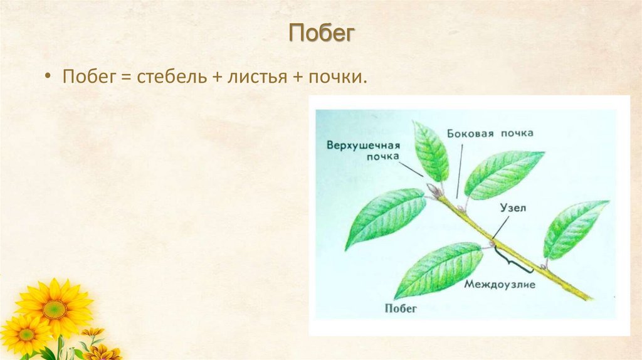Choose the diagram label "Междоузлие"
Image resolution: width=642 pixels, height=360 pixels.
[500, 284]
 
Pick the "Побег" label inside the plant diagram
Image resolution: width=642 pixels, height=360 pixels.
[399, 308]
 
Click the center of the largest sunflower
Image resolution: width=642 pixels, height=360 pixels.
[55, 309]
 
